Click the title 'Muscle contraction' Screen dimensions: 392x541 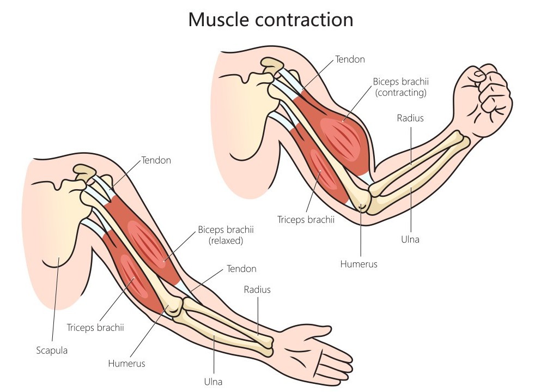[x=270, y=20]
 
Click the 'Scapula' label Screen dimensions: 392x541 [x=52, y=351]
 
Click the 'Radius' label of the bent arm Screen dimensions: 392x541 [x=410, y=118]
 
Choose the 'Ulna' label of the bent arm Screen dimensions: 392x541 [x=410, y=239]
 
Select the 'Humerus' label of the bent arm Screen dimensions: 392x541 [x=358, y=264]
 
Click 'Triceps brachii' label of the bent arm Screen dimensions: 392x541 [x=306, y=220]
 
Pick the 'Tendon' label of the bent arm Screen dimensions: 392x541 [x=350, y=59]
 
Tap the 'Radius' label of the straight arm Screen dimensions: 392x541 [x=257, y=290]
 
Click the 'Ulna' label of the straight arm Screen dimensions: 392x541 [x=214, y=382]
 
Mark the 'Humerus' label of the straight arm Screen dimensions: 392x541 [x=126, y=363]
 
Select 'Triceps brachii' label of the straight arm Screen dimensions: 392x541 [x=95, y=328]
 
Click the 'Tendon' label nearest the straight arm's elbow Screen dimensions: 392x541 [x=241, y=269]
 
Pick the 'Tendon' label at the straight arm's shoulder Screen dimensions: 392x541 [x=156, y=160]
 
